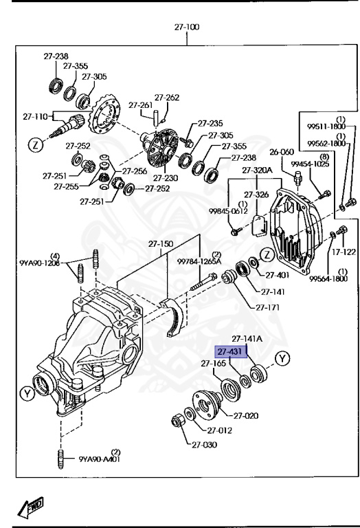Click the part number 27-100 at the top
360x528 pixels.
tap(186, 27)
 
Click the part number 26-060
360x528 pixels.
tap(282, 152)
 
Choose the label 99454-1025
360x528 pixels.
tap(306, 164)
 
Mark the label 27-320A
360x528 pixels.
tap(258, 170)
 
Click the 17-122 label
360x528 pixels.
tap(344, 252)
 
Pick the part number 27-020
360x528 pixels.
tap(246, 415)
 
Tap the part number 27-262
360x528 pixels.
tap(167, 98)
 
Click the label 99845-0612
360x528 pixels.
tap(229, 211)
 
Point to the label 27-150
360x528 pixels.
tap(161, 243)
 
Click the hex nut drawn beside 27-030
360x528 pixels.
tap(176, 419)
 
